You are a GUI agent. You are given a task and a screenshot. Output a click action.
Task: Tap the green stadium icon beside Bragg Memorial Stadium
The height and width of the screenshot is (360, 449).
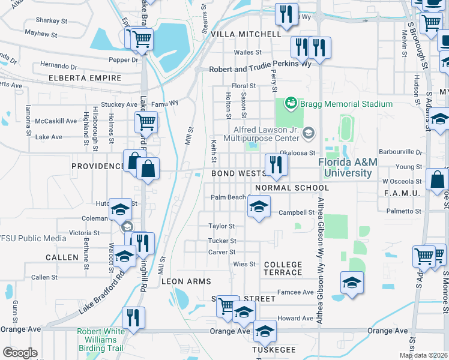pos(291,103)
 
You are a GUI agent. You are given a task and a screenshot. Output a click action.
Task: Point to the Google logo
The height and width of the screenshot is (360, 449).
pos(19,353)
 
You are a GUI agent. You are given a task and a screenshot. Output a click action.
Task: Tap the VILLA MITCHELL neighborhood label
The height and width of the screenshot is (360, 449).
pos(245,34)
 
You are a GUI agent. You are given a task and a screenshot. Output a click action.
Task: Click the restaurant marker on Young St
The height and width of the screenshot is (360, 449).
pos(276,165)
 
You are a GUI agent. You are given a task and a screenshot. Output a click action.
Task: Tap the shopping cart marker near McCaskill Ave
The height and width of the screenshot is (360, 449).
pos(146,122)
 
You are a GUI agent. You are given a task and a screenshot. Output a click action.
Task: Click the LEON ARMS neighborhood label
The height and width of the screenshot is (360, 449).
pos(186,281)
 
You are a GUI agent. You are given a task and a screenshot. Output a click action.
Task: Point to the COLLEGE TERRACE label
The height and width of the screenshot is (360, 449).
pos(283,268)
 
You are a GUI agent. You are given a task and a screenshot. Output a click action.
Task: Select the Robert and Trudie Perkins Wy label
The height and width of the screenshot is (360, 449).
pos(260,69)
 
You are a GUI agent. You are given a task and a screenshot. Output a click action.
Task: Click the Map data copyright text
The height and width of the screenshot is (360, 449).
pos(423,355)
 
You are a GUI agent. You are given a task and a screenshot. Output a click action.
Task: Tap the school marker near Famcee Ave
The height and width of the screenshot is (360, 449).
pos(352,281)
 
